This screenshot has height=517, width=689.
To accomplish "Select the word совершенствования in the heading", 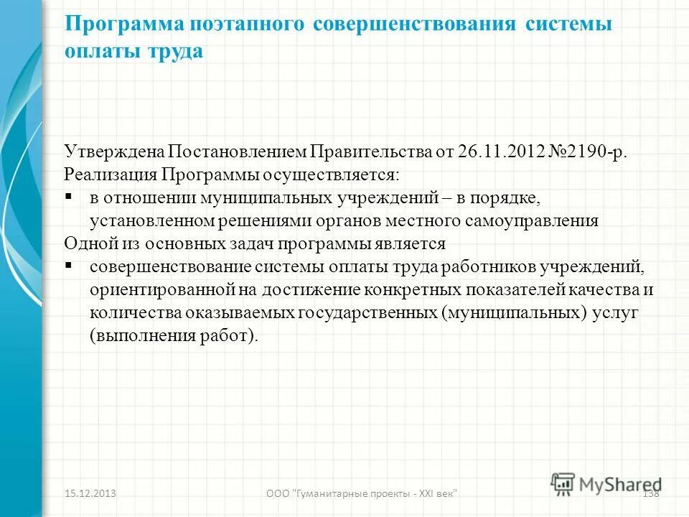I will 415,24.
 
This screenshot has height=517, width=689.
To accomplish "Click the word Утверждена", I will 114,152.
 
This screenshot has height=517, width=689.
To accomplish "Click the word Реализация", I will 110,174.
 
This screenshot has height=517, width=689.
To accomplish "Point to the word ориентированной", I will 154,290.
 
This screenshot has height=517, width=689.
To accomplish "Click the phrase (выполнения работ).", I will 173,336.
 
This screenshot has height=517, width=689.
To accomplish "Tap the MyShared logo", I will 606,483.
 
